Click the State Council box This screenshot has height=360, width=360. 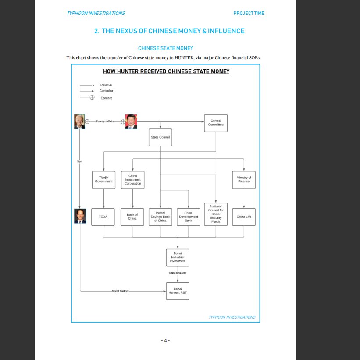[160, 137]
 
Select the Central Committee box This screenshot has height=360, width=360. [216, 123]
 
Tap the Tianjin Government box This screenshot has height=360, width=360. [103, 180]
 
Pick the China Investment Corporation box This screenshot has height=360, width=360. [132, 180]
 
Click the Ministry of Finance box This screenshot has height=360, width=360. [244, 180]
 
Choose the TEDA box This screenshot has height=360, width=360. [103, 217]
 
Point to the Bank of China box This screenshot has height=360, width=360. [132, 217]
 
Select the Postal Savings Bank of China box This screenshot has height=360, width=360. [160, 217]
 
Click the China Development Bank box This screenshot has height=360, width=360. [189, 217]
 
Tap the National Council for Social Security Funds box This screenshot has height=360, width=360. [216, 214]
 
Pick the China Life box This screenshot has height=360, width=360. [244, 217]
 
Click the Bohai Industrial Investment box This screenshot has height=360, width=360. [178, 257]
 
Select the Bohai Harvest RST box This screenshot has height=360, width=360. [178, 291]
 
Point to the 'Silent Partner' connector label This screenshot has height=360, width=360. [121, 291]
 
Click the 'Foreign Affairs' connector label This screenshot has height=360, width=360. [105, 121]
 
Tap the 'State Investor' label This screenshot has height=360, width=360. [178, 273]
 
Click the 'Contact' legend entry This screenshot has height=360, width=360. [106, 98]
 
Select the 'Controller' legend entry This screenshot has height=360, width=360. [106, 91]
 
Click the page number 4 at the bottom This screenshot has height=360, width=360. [165, 340]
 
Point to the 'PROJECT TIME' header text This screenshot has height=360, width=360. [249, 13]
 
